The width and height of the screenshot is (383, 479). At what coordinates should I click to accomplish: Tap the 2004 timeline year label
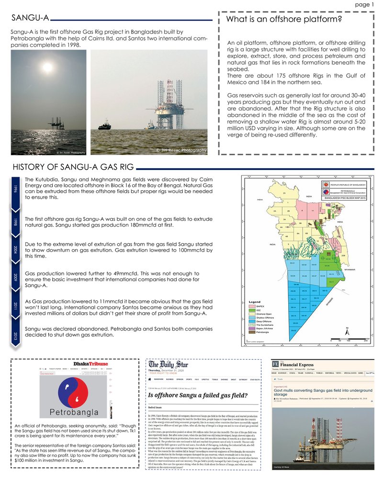[15, 250]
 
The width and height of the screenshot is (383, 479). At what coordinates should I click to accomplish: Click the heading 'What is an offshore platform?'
[283, 20]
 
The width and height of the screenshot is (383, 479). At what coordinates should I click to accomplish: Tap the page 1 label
[364, 4]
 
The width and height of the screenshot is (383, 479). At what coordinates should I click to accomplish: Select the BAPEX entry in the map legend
[260, 306]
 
